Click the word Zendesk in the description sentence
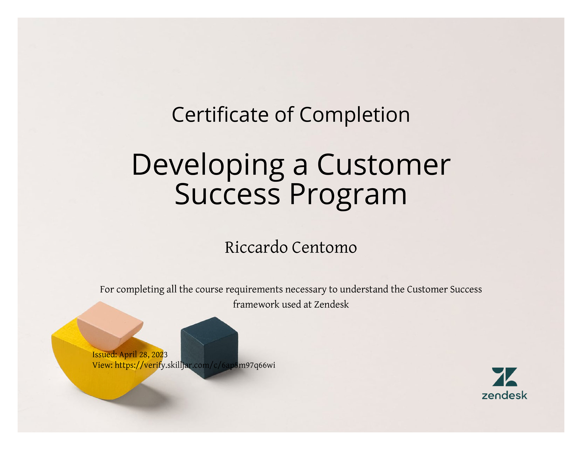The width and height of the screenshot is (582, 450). tap(331, 304)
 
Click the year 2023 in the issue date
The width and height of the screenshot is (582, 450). tap(159, 354)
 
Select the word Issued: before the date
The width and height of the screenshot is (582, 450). tap(104, 354)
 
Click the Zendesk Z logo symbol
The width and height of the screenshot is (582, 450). tap(504, 377)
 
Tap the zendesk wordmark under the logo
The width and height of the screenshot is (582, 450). tap(504, 395)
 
